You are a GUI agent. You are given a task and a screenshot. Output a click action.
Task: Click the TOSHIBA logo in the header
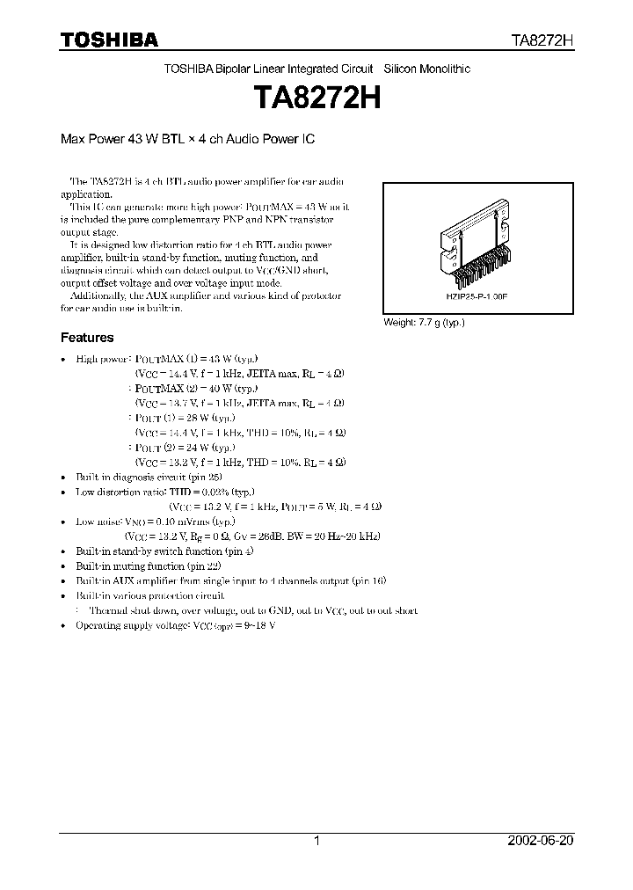[x=109, y=40]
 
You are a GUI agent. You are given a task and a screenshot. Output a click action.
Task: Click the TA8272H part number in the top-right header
[x=542, y=40]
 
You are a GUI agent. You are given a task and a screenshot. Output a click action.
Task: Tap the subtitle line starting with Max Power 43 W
[x=187, y=139]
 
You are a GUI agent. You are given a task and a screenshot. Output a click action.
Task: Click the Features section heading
[x=86, y=338]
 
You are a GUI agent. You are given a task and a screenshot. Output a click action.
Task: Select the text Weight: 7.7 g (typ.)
[x=424, y=323]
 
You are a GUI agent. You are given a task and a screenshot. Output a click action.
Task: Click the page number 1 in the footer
[x=317, y=841]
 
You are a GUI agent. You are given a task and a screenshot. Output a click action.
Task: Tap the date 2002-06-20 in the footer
[x=540, y=841]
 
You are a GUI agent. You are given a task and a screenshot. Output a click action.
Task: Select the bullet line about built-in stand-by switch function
[x=164, y=551]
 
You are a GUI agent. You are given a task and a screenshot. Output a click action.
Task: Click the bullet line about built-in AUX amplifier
[x=230, y=580]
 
